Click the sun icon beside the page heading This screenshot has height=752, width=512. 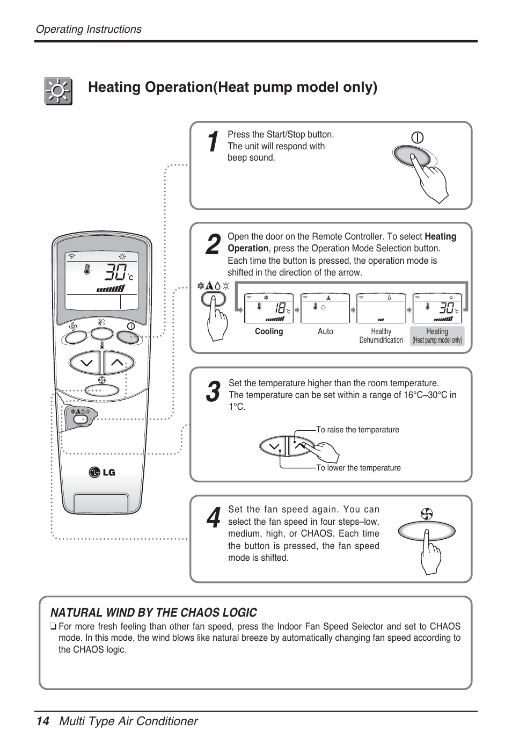(58, 91)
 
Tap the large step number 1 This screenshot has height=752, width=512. (213, 142)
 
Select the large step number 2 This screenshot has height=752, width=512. (213, 245)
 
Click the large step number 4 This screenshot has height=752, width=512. (213, 518)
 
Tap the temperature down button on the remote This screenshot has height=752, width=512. (86, 363)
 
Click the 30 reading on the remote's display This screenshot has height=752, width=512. (115, 272)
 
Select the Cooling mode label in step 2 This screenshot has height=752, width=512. (269, 331)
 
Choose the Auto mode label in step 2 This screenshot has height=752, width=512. (325, 331)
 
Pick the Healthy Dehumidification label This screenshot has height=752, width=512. (381, 336)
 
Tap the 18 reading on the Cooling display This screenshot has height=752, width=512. (279, 308)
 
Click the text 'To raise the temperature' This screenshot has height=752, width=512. (357, 430)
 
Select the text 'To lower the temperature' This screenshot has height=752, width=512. (358, 468)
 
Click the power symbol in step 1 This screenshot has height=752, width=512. (417, 138)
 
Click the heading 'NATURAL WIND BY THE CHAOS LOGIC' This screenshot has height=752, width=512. (153, 613)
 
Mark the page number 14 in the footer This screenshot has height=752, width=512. (42, 721)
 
